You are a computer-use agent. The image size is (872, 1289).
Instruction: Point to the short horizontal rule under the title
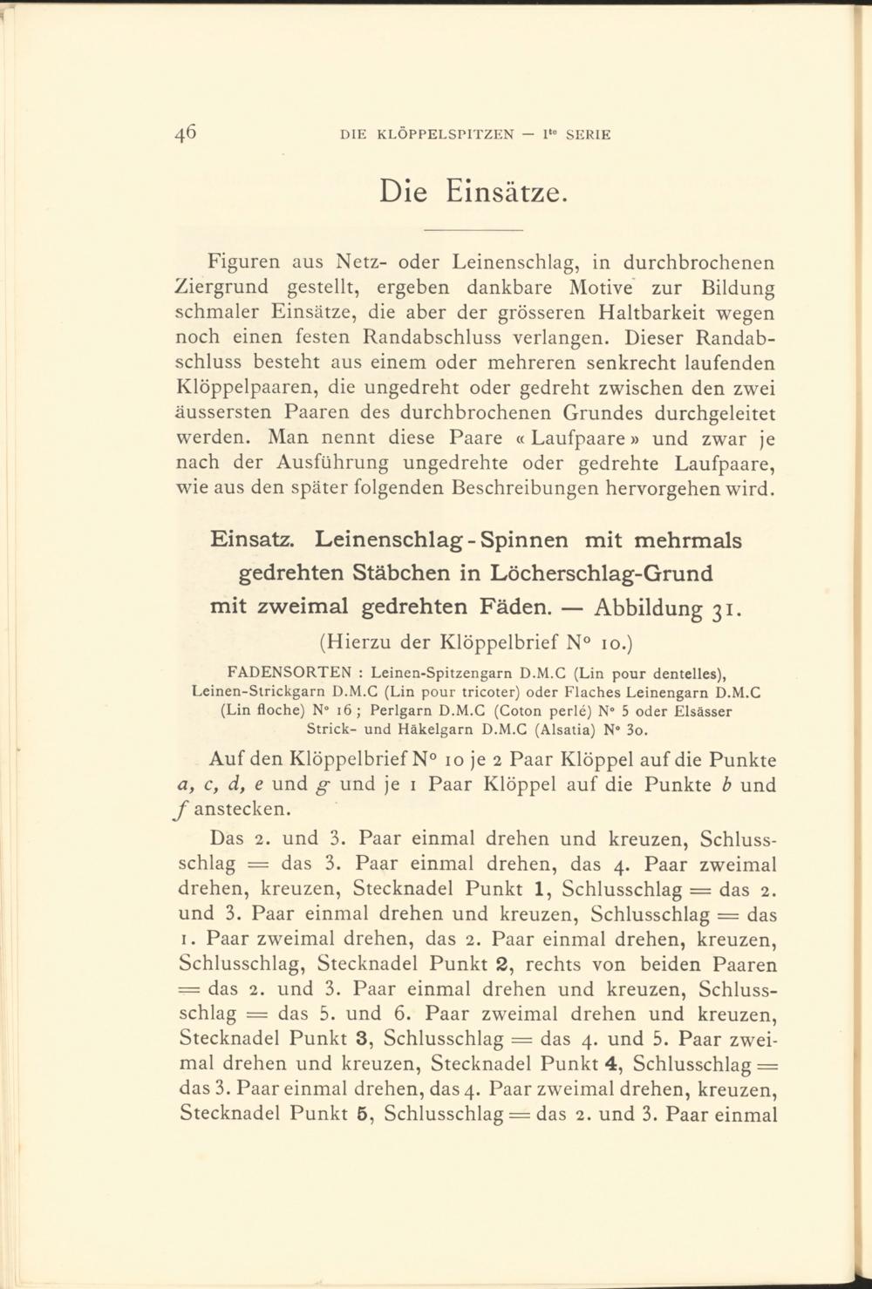coord(472,229)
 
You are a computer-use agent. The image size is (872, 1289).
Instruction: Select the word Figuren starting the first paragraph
coord(240,261)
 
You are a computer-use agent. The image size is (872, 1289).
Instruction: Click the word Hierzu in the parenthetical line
coord(359,644)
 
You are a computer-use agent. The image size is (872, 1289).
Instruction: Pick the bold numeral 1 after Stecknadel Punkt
coord(540,889)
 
